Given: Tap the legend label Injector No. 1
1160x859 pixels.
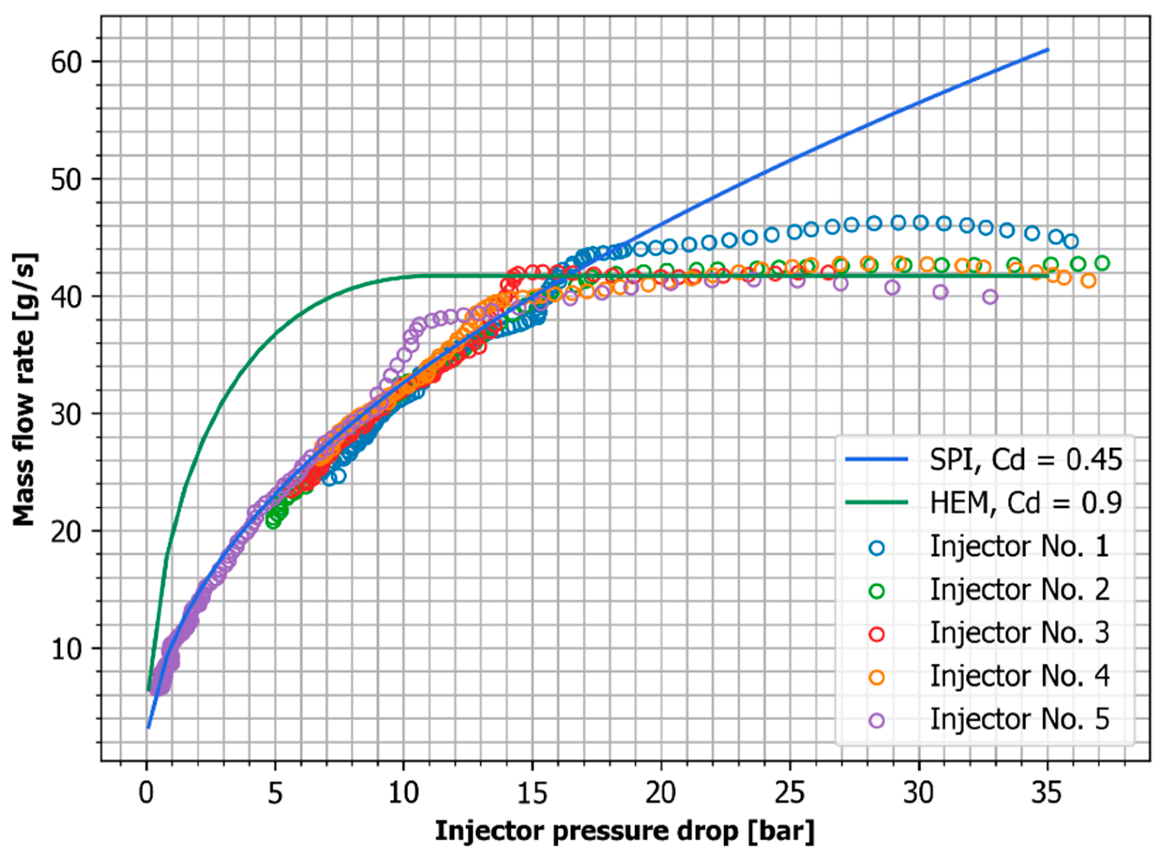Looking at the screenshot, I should pos(1019,547).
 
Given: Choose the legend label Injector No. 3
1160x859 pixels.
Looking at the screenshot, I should pos(1019,633).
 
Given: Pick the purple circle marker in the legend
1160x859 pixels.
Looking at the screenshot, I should pos(877,720).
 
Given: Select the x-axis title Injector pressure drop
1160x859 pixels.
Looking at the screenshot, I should pos(624,831).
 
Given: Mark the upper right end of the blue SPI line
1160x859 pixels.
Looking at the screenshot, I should pos(1048,49).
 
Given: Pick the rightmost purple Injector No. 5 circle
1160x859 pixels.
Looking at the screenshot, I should pos(990,297).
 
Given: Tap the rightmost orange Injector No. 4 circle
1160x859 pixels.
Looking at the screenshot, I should pos(1088,281).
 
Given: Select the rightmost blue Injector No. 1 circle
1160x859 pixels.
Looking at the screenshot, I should pos(1071,241).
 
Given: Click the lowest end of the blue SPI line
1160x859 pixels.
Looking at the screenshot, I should pos(148,728).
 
